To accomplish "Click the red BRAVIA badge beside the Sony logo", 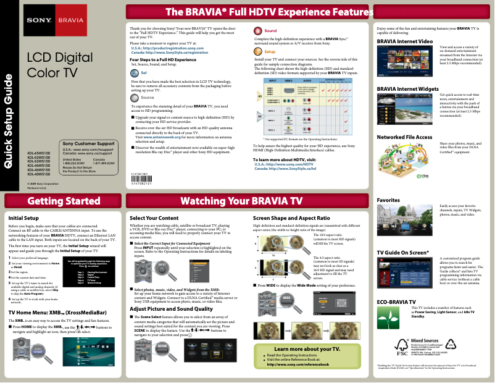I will coord(66,20).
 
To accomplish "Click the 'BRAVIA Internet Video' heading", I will coord(404,41).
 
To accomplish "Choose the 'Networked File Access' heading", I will coord(404,137).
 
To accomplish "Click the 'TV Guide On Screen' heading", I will coord(402,253).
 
